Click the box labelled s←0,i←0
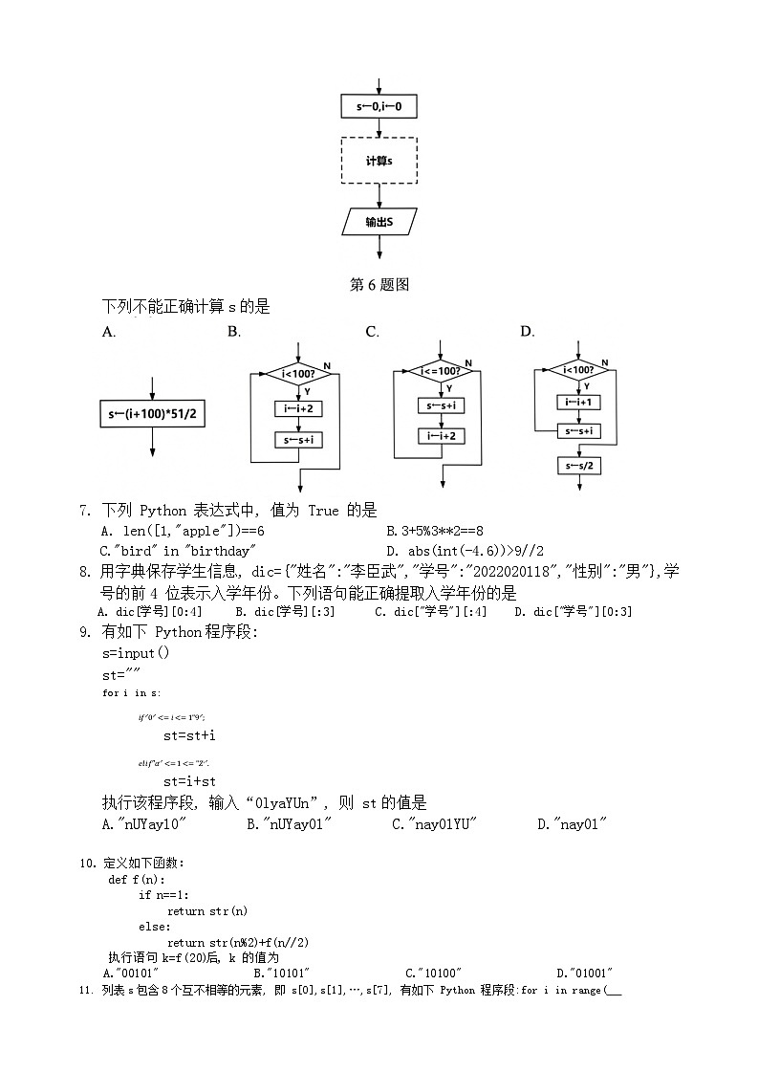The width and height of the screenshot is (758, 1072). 379,106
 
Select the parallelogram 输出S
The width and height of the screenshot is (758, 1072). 379,222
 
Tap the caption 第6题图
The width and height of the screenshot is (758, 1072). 379,284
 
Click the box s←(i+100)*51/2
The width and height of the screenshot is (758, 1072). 153,414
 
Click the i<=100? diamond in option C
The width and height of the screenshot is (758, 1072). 441,371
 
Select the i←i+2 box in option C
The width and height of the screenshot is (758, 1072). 441,436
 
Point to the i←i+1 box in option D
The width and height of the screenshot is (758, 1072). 577,402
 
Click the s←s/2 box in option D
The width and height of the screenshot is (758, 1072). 577,466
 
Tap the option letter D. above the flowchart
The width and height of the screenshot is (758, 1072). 527,332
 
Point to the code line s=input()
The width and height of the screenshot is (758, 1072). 136,652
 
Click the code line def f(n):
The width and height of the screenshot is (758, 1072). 137,879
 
